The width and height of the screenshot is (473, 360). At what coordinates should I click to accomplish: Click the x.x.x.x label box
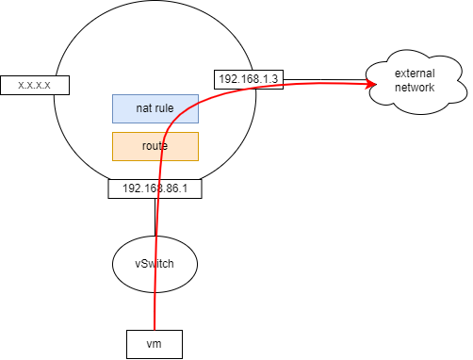[x=40, y=85]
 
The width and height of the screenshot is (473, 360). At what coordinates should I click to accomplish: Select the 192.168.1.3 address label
[x=248, y=79]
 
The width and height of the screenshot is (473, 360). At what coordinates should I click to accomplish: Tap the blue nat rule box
[x=155, y=108]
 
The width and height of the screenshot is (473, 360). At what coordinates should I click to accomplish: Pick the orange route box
[x=155, y=146]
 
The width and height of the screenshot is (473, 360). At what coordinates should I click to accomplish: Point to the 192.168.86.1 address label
[x=155, y=188]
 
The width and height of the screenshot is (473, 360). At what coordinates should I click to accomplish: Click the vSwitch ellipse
[x=155, y=264]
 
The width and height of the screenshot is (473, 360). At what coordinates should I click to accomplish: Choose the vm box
[x=153, y=344]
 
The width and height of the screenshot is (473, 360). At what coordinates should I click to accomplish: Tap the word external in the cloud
[x=415, y=74]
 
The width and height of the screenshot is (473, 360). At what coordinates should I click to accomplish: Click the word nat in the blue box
[x=142, y=108]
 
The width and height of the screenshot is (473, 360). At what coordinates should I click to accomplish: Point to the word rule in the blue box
[x=165, y=108]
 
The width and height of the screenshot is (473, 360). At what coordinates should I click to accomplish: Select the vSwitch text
[x=155, y=264]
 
